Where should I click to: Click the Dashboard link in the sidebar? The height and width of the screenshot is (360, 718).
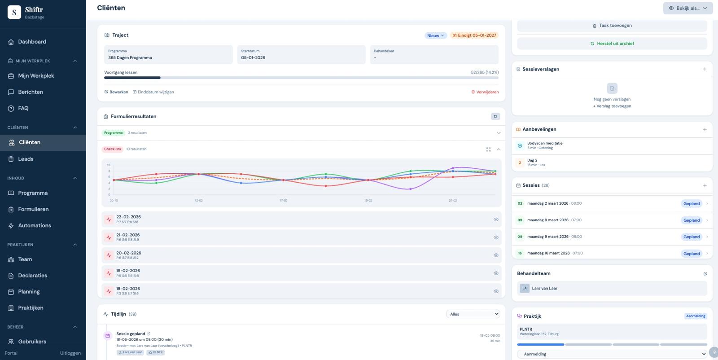click(32, 42)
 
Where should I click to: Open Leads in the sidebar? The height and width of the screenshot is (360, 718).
click(26, 159)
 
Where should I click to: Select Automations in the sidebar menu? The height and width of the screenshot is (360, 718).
click(35, 225)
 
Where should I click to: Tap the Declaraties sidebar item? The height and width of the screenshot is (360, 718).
click(32, 276)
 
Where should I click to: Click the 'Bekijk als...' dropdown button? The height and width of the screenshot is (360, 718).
click(687, 8)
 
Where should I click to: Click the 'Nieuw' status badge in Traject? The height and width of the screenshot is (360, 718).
click(435, 35)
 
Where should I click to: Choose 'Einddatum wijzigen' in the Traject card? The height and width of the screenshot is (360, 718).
click(153, 92)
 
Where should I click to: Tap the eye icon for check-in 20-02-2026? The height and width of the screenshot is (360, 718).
click(496, 255)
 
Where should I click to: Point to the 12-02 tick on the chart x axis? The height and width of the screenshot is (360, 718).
click(198, 201)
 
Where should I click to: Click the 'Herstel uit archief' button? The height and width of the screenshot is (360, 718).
click(612, 44)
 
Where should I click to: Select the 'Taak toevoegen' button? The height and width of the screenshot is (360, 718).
click(612, 26)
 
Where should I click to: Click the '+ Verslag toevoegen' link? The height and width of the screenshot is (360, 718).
click(612, 106)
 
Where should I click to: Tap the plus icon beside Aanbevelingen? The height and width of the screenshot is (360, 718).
click(705, 129)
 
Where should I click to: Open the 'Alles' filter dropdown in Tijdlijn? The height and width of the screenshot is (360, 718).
click(473, 314)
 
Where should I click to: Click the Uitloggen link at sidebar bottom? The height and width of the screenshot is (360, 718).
click(70, 353)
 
